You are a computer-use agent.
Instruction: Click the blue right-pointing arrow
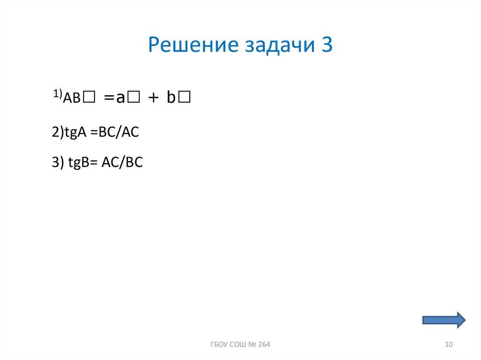pos(444,320)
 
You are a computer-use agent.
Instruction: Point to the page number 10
pos(448,345)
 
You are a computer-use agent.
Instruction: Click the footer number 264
pos(264,345)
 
